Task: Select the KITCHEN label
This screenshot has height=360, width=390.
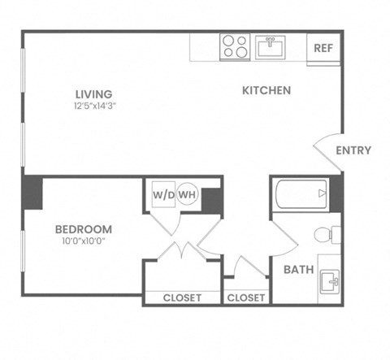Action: [266, 90]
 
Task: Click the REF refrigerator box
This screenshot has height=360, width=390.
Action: [323, 48]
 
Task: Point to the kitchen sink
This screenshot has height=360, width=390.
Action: [270, 46]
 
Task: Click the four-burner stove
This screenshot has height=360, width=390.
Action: [236, 46]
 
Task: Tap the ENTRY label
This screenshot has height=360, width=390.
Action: [353, 150]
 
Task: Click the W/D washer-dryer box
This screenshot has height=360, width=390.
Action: [162, 195]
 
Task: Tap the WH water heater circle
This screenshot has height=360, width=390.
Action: [187, 195]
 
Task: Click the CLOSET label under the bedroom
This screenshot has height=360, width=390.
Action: [182, 297]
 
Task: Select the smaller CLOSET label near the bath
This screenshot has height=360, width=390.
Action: [246, 297]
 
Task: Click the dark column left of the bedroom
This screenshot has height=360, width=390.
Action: [32, 193]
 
